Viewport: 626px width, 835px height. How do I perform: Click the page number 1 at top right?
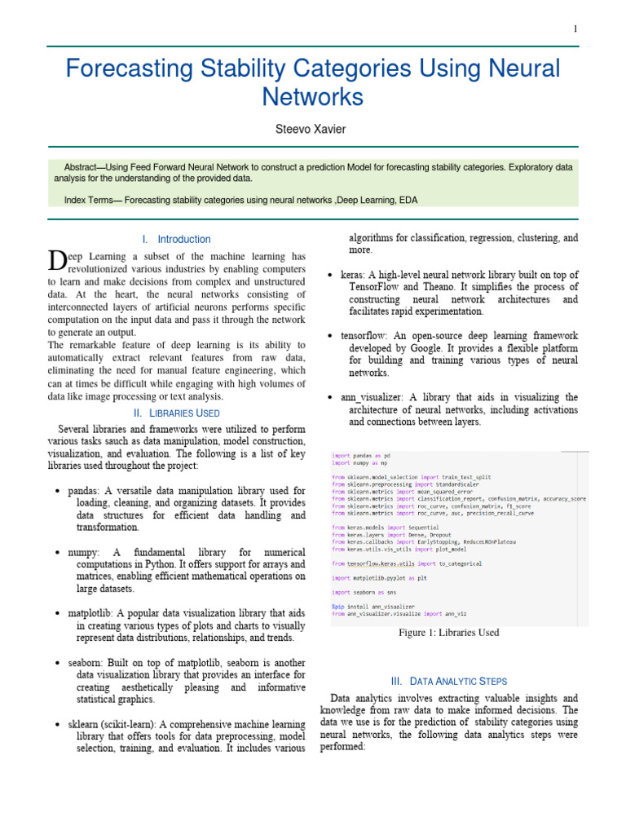pos(575,29)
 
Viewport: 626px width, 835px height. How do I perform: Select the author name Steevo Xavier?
pos(313,128)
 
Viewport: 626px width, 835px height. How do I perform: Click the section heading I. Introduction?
pos(176,239)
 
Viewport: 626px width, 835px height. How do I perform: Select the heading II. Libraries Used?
pos(176,414)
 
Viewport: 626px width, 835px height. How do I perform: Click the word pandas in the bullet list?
pos(84,491)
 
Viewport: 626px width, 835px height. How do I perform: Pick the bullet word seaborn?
pos(86,663)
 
